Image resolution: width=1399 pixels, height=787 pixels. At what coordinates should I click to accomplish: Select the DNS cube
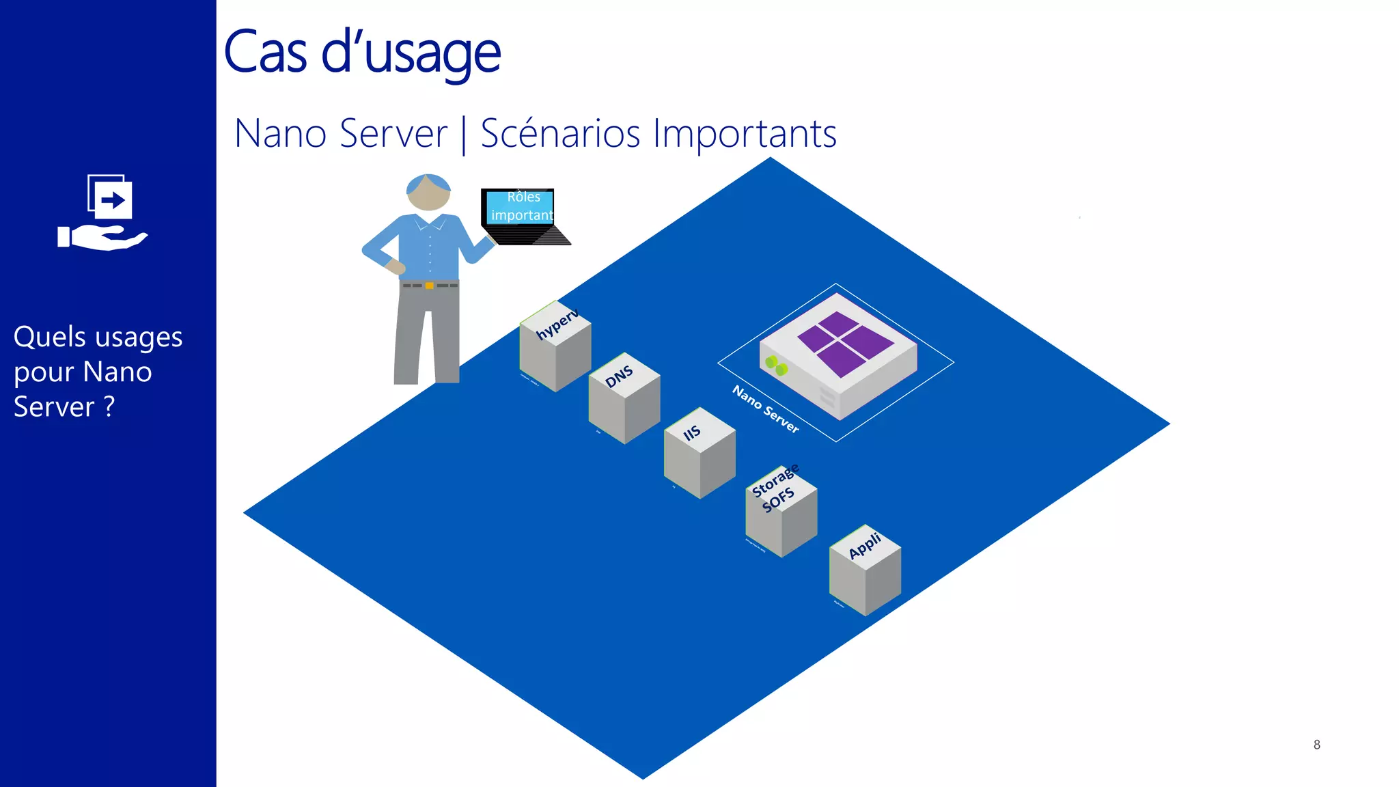pos(624,399)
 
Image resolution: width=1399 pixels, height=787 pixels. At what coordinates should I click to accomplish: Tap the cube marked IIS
pos(699,454)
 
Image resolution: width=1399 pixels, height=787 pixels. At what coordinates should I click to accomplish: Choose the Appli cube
pos(865,571)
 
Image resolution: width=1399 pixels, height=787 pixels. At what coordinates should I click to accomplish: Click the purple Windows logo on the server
pos(846,344)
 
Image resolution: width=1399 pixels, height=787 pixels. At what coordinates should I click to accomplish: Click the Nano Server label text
pos(765,409)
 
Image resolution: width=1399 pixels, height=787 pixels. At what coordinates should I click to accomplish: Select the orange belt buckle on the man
pos(429,286)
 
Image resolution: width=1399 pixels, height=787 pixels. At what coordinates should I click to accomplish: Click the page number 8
pos(1316,745)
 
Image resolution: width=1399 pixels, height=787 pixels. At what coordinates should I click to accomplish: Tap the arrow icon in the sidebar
pos(113,200)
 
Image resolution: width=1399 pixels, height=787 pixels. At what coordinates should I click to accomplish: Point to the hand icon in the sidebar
pos(102,238)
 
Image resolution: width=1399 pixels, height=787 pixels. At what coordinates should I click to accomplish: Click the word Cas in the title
pos(265,53)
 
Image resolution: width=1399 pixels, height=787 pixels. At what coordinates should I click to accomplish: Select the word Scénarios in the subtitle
pos(560,133)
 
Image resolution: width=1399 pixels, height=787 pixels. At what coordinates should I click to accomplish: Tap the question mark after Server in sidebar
pos(109,407)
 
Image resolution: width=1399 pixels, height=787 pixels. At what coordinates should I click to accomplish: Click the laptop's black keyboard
pos(529,234)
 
